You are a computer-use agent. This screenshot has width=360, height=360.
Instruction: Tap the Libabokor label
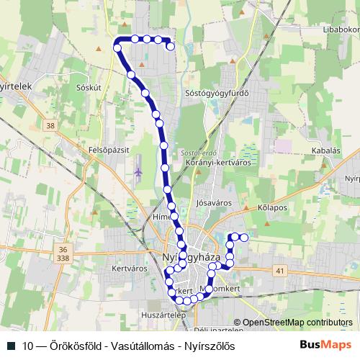(341, 30)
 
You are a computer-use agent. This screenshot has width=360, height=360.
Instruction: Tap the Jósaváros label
(212, 203)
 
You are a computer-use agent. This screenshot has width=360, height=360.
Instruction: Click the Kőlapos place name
(272, 207)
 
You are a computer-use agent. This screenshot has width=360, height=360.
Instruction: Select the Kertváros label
(130, 269)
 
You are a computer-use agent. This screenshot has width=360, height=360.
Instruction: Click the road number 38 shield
(49, 126)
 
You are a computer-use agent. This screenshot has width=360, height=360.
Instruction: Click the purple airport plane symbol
(138, 172)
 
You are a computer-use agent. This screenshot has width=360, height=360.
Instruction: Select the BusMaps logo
(325, 344)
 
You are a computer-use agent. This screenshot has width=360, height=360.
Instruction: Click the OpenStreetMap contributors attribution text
(297, 323)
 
